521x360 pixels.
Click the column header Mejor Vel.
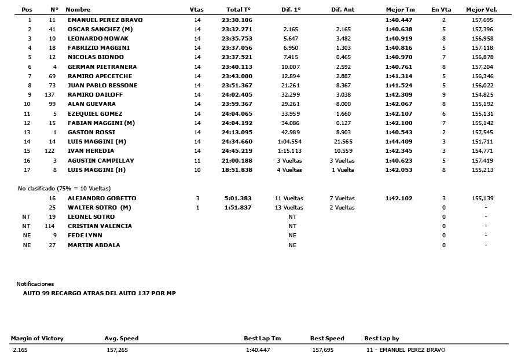pos(481,10)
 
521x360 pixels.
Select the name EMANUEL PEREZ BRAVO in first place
pos(105,20)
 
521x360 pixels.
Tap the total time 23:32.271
pos(237,29)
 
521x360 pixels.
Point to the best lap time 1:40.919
pos(399,38)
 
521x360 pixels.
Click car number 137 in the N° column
pos(49,94)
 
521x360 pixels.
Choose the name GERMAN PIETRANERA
pos(102,67)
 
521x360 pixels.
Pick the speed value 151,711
pos(482,141)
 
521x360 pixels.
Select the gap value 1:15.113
pos(291,151)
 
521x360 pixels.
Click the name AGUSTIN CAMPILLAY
pos(101,160)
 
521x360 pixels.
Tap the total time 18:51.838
pos(237,170)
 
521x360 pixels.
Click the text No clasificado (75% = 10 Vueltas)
pos(64,188)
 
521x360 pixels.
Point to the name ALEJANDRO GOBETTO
pos(102,198)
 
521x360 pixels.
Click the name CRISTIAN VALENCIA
pos(100,226)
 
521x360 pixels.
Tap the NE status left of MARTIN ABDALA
pos(26,245)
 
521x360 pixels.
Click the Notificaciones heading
pos(35,284)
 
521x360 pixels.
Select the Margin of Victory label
pos(37,339)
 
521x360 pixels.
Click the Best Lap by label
pos(381,339)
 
